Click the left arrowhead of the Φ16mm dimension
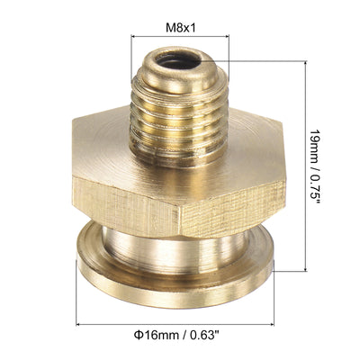tap(80, 323)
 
